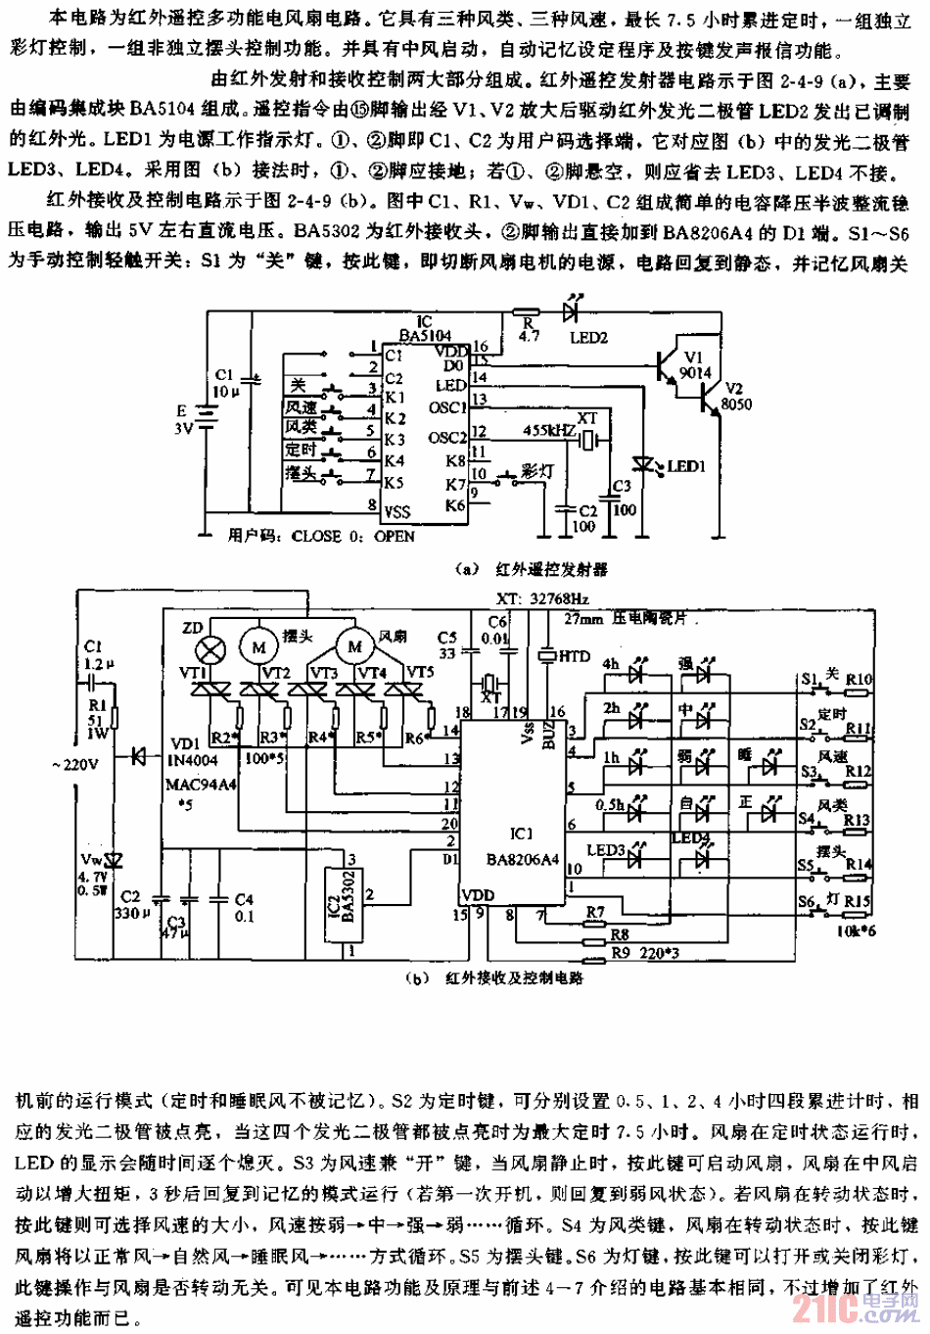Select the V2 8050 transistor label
point(736,396)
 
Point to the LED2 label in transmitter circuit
point(588,338)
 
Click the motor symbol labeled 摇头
point(259,646)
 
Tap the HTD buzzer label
point(574,656)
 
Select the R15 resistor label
point(858,900)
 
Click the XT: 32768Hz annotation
point(544,598)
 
